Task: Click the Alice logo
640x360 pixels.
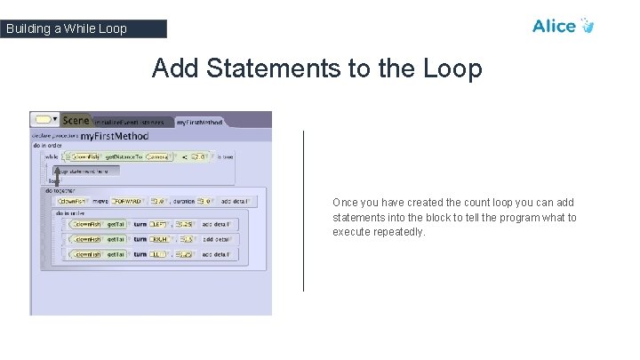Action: [563, 26]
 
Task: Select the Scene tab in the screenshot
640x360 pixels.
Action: [76, 120]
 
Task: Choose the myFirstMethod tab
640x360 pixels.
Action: [199, 122]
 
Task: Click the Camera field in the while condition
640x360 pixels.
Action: [157, 156]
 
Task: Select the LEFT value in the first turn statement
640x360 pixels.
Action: [159, 224]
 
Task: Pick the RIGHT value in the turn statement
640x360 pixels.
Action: [160, 239]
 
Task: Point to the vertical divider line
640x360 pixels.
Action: [304, 211]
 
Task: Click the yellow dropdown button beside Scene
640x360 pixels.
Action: [44, 119]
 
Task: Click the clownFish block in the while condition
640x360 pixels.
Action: [84, 156]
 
